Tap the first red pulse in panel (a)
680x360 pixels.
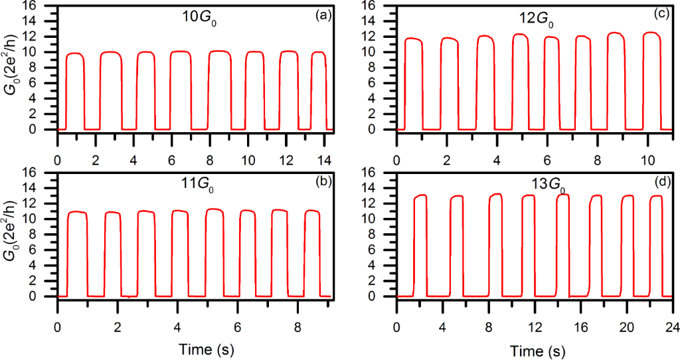pos(75,86)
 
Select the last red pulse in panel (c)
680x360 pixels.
pos(651,76)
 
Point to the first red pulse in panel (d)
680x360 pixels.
pos(420,239)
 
